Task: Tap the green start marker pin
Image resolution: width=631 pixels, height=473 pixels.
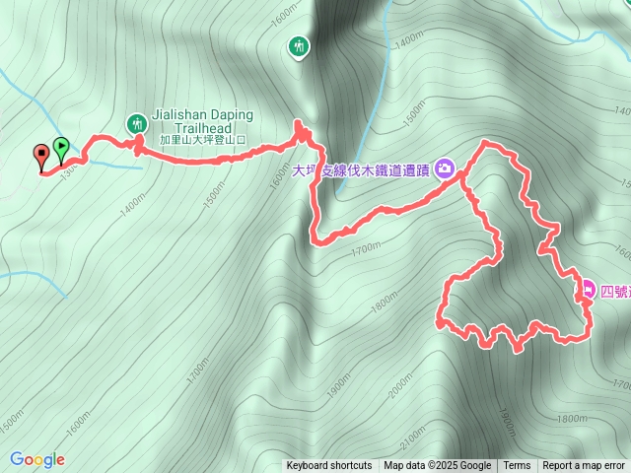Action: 61,149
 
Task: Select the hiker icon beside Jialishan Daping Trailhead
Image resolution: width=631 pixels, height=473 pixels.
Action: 136,123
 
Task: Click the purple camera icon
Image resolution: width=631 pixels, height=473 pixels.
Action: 445,169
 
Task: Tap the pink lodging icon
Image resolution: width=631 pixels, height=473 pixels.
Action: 588,289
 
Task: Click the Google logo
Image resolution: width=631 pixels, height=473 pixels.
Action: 37,459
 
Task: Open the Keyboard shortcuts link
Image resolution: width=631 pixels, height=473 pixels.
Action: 329,466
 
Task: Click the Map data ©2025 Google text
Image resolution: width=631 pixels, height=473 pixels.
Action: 438,466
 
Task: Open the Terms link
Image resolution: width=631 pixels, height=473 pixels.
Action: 517,466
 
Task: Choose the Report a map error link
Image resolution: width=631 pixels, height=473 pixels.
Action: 584,466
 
